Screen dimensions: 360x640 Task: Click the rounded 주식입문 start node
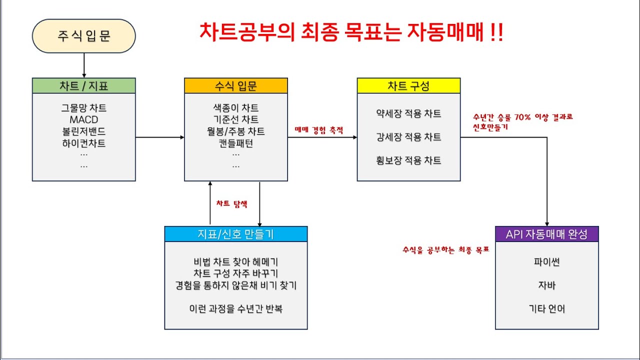(x=83, y=36)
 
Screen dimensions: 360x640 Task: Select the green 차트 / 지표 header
(x=83, y=85)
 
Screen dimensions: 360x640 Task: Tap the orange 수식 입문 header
(x=235, y=85)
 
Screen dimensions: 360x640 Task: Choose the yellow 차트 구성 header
(x=408, y=85)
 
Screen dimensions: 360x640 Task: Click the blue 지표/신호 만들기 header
(x=235, y=234)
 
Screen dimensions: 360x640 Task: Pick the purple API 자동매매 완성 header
(x=546, y=234)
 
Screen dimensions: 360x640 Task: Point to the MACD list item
(x=83, y=120)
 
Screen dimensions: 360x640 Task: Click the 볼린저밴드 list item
(x=83, y=131)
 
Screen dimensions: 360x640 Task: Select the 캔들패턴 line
(x=235, y=143)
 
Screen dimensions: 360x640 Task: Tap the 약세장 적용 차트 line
(x=408, y=113)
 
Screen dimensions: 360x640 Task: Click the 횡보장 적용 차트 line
(x=408, y=160)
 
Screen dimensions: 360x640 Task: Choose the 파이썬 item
(x=546, y=261)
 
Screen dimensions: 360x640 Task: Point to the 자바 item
(x=546, y=285)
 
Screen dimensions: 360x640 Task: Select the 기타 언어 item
(x=546, y=308)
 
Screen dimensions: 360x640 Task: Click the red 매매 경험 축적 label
(x=319, y=130)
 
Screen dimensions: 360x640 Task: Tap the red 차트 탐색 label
(x=231, y=204)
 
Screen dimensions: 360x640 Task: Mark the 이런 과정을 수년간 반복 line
(x=235, y=308)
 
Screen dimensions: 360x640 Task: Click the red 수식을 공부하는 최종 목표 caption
(x=445, y=249)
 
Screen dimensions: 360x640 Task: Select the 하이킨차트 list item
(x=83, y=143)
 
